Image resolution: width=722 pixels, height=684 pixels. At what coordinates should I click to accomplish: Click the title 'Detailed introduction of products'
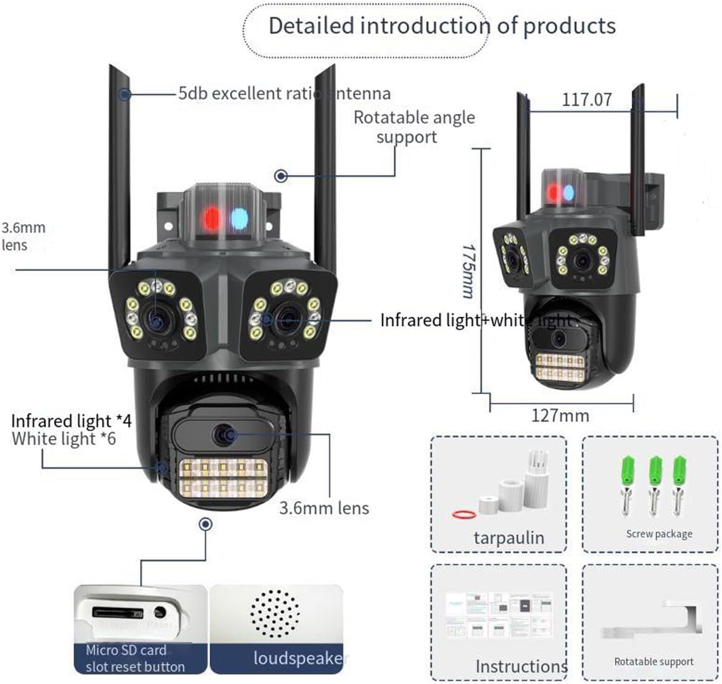click(x=442, y=26)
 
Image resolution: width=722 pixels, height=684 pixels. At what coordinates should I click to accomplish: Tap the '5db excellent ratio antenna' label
click(x=284, y=94)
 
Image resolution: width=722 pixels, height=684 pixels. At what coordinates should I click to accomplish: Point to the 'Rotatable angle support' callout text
click(x=413, y=127)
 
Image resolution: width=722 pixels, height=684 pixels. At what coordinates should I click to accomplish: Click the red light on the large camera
click(x=212, y=218)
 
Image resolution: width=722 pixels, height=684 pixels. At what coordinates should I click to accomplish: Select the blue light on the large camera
click(x=239, y=218)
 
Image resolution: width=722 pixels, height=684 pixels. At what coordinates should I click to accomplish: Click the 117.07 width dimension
click(x=586, y=99)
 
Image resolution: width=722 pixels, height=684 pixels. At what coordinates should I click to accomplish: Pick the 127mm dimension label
click(x=560, y=415)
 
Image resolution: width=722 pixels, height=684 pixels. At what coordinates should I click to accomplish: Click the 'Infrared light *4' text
click(x=71, y=421)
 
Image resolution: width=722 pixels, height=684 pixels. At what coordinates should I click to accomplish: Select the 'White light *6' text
click(x=64, y=439)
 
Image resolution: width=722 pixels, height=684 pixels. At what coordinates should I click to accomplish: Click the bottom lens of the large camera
click(x=223, y=435)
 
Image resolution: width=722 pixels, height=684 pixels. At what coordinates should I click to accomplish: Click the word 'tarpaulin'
click(x=508, y=537)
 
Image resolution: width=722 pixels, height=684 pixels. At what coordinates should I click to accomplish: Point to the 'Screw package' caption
click(x=659, y=534)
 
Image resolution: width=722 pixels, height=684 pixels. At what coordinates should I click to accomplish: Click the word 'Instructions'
click(x=521, y=666)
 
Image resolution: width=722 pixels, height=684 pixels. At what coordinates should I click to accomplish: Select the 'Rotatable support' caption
click(x=654, y=661)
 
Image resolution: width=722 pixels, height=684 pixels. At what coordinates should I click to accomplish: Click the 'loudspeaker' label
click(x=297, y=658)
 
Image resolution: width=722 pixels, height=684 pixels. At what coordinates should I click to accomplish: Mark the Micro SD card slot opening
click(x=117, y=613)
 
